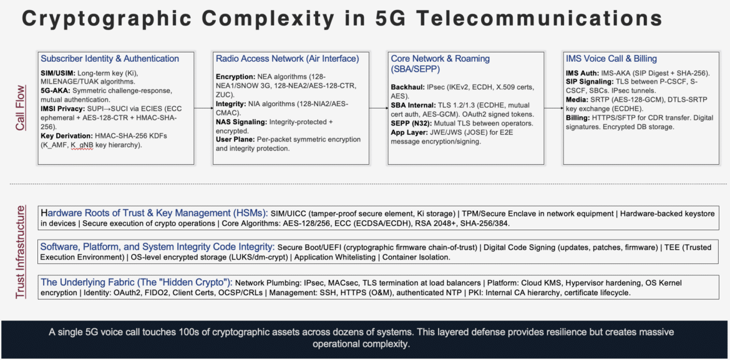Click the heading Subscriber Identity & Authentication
[110, 59]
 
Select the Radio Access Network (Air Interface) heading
[287, 59]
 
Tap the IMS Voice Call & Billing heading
[611, 59]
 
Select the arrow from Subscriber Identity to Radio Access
[203, 108]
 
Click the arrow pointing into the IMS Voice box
[553, 108]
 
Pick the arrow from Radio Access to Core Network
[378, 108]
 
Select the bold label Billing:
[580, 118]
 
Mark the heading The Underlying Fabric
[137, 282]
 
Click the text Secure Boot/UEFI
[311, 247]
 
